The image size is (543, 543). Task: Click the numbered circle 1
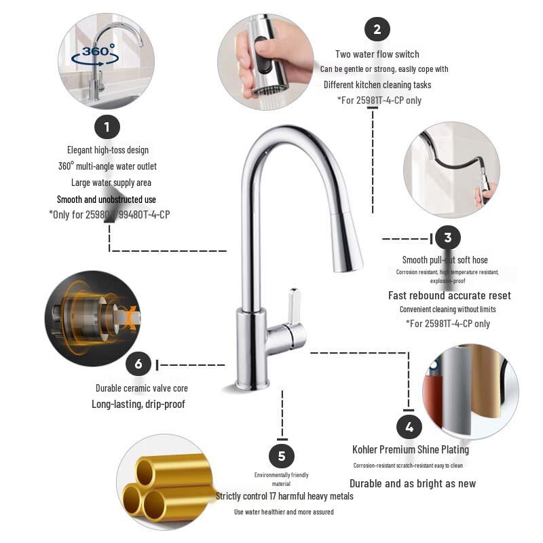pos(107,126)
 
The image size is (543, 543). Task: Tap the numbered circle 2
pos(377,29)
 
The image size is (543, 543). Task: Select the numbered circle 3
pos(447,238)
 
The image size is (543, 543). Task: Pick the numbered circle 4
pos(409,427)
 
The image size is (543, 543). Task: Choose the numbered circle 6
pos(138,364)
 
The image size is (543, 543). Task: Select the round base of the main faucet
pos(252,383)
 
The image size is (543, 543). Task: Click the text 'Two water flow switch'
pos(377,54)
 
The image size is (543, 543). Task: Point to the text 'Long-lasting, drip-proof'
pos(138,404)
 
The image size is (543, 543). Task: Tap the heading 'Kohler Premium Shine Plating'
pos(411,449)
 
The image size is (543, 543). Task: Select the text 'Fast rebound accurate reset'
pos(449,295)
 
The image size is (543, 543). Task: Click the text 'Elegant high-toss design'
pos(108,149)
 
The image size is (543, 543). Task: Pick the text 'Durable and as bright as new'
pos(413,483)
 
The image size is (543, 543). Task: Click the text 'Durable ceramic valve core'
pos(142,388)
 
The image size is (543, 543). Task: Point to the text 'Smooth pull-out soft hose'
pos(445,260)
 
